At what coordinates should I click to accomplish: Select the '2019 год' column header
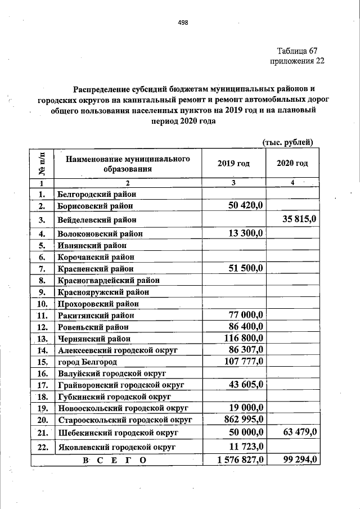(x=233, y=164)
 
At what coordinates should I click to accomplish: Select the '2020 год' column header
(x=292, y=164)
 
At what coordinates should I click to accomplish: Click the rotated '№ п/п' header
(x=42, y=163)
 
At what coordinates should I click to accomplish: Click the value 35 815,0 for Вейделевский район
(x=298, y=219)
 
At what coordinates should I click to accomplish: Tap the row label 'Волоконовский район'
(x=100, y=233)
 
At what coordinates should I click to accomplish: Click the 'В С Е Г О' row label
(x=114, y=461)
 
